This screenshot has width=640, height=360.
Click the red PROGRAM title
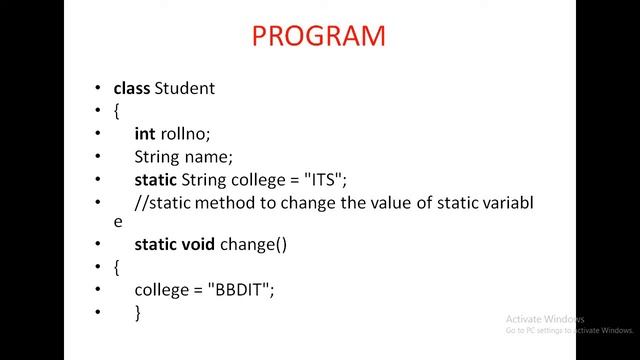[318, 36]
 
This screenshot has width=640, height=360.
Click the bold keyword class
[131, 88]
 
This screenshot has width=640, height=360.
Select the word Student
[184, 88]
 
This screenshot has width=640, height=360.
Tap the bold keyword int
[144, 133]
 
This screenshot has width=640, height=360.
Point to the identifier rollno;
[185, 133]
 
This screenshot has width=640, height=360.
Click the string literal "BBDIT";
[241, 289]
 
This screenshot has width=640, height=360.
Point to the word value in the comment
[374, 203]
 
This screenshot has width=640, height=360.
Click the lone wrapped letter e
[118, 223]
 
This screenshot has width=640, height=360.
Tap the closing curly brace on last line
[138, 312]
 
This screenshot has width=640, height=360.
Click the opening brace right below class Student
[117, 111]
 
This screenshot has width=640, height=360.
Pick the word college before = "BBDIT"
[162, 289]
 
